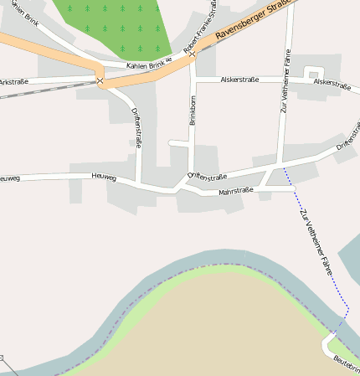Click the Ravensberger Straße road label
point(252,21)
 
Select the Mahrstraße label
point(235,192)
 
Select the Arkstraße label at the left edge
point(13,82)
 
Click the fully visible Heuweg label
point(103,176)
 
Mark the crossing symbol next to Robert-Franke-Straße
point(192,55)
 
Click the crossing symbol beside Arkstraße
point(100,81)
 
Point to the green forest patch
point(117,25)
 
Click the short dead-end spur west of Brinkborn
point(177,142)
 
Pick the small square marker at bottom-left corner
point(2,358)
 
